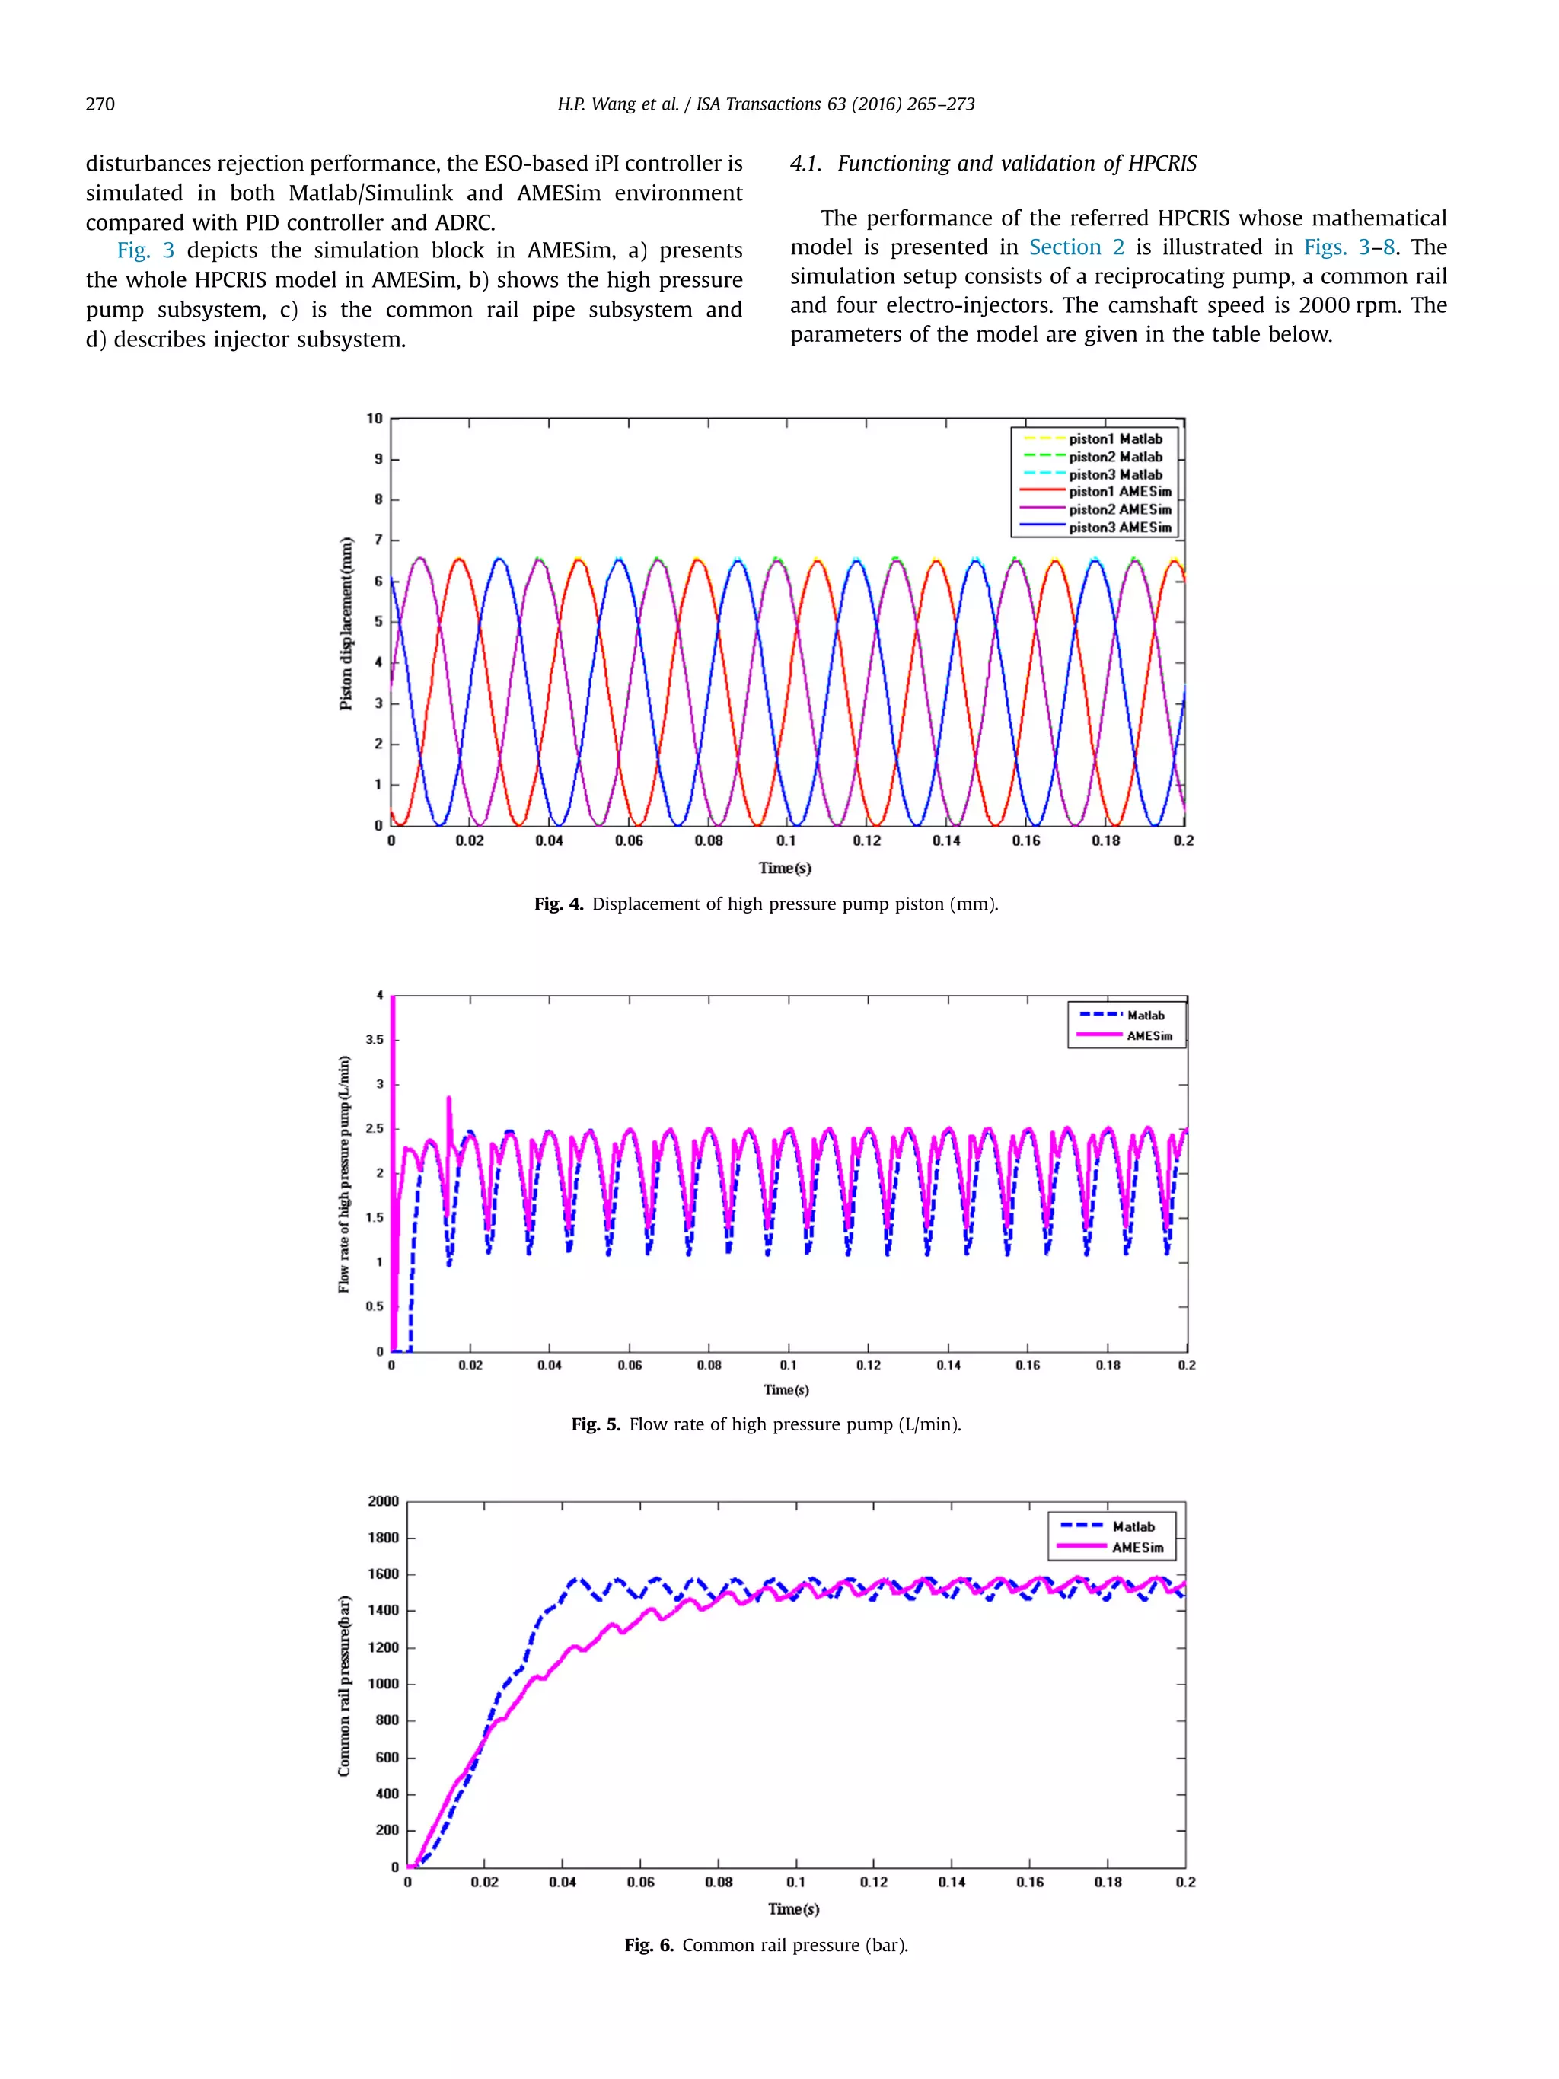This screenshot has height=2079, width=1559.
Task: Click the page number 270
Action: [x=100, y=104]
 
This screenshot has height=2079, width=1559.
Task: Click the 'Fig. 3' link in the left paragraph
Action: [x=145, y=250]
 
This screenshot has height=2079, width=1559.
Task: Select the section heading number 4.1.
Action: [x=805, y=164]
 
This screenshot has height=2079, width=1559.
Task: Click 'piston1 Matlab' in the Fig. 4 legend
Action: [x=1114, y=439]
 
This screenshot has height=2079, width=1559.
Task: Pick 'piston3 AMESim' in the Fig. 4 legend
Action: [x=1119, y=528]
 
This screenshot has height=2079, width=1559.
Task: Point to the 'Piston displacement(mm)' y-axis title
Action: [x=346, y=623]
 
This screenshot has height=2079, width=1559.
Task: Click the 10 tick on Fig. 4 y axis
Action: [x=375, y=418]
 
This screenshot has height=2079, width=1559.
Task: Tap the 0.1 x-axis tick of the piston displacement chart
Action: [x=786, y=840]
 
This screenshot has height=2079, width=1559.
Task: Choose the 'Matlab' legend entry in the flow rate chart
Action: [x=1145, y=1015]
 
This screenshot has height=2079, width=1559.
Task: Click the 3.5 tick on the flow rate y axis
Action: [x=375, y=1040]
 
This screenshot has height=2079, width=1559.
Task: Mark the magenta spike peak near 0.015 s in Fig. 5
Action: [x=448, y=1098]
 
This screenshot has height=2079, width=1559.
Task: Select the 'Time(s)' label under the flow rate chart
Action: [x=786, y=1389]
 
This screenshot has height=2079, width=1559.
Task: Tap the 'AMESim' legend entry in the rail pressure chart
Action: [x=1137, y=1548]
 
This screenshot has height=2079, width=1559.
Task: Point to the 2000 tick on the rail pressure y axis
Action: [x=384, y=1501]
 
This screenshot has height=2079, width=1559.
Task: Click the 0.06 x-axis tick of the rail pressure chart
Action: [x=640, y=1882]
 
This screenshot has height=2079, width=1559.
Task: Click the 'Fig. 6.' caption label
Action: [x=649, y=1944]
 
